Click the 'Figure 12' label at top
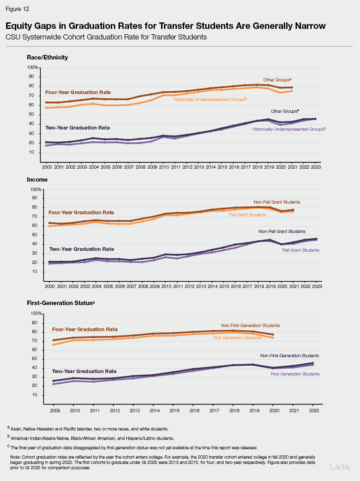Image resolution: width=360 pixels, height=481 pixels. [18, 9]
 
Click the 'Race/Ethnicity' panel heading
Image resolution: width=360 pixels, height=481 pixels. [47, 57]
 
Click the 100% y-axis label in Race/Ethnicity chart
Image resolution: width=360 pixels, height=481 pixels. [32, 68]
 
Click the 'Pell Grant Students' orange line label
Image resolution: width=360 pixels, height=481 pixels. [247, 215]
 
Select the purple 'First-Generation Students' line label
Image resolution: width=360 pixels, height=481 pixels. [295, 374]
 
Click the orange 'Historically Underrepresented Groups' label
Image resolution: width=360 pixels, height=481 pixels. [210, 99]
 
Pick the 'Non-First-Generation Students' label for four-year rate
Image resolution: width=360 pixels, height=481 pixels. [250, 325]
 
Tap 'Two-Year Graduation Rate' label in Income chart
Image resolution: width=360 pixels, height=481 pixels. [81, 249]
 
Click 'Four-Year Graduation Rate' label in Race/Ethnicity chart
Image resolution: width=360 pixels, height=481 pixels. [78, 92]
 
